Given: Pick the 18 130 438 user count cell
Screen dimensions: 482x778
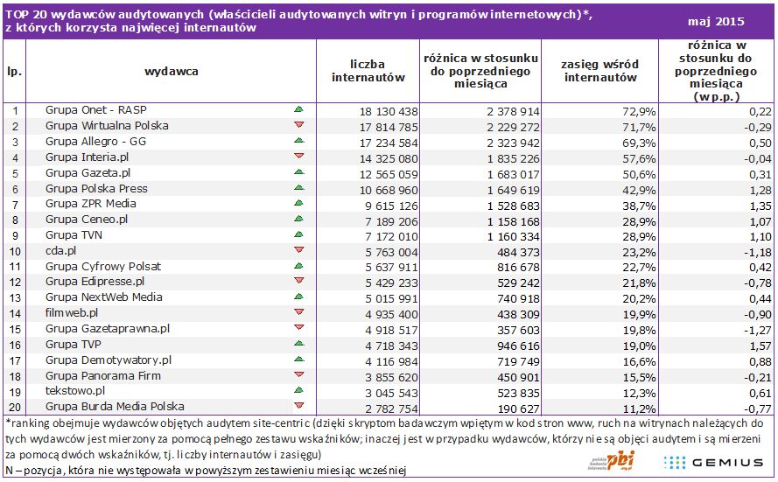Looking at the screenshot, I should (371, 110).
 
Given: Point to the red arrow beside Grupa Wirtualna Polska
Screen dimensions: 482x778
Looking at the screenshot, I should (298, 125).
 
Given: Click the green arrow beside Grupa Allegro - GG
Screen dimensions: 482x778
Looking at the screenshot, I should (298, 140).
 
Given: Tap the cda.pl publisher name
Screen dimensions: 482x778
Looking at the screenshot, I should (63, 250).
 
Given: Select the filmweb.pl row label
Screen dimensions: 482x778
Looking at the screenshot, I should (72, 312).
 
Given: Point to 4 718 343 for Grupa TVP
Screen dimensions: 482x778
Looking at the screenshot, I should (371, 345).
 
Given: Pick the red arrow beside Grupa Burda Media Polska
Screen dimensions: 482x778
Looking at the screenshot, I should (298, 407).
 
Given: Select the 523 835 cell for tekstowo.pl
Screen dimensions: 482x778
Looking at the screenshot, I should (493, 391).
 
